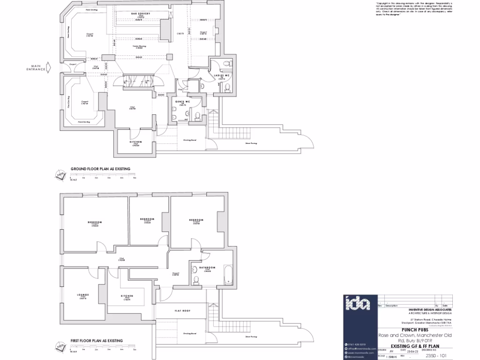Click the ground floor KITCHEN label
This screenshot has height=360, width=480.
(x=135, y=142)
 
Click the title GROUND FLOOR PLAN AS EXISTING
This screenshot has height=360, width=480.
(x=100, y=169)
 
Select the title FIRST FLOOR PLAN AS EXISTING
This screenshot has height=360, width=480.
(x=97, y=341)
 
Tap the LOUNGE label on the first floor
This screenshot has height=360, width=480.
(x=83, y=295)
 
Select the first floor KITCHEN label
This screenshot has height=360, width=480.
(x=127, y=296)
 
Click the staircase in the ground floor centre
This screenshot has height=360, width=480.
(x=138, y=81)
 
